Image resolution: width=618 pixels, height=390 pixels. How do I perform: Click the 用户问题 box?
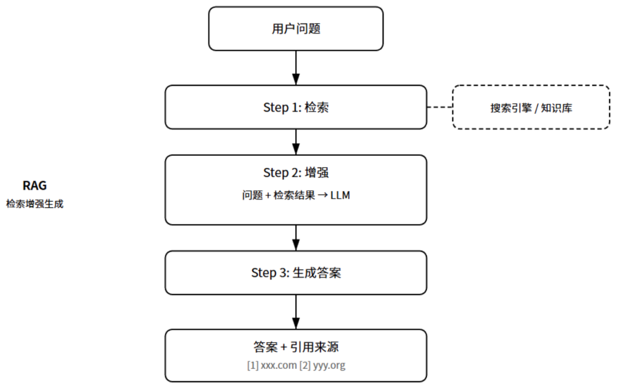tap(296, 29)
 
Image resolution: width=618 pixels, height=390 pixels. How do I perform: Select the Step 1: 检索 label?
tap(296, 108)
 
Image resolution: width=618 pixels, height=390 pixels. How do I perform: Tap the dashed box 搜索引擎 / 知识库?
tap(531, 108)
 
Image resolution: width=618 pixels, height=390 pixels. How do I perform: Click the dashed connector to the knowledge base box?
tap(439, 108)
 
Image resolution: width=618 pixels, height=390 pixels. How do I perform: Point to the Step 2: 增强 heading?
tap(296, 172)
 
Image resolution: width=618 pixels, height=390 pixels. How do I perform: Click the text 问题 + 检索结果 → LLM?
tap(296, 195)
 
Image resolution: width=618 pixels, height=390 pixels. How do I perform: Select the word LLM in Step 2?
tap(340, 195)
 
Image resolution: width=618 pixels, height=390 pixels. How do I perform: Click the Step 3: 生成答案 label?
tap(296, 273)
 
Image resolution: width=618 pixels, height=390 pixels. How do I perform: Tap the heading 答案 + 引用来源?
tap(296, 347)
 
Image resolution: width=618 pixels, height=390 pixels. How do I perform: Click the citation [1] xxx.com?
tap(271, 365)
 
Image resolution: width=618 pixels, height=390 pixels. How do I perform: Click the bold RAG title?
tap(34, 186)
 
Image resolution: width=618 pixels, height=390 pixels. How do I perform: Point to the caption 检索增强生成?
tap(34, 204)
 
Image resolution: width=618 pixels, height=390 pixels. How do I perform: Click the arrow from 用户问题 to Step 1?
tap(296, 68)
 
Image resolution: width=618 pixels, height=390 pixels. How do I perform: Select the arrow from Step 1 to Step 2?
tap(296, 141)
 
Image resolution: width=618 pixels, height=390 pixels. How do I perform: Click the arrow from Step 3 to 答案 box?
tap(296, 312)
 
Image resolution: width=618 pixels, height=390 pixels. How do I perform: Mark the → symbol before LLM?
tap(322, 195)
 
